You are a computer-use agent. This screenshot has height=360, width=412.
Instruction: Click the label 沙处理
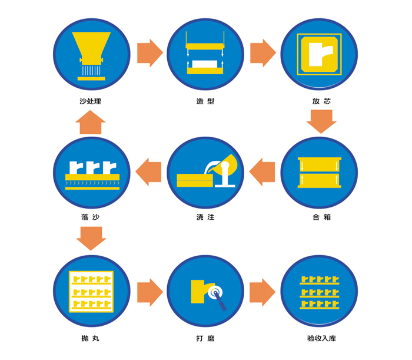tap(91, 101)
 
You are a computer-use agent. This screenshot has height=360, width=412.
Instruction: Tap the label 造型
tap(205, 101)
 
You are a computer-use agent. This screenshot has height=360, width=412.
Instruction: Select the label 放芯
tap(321, 101)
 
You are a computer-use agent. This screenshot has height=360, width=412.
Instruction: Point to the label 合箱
tap(321, 217)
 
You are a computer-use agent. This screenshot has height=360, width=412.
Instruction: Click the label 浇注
tap(205, 217)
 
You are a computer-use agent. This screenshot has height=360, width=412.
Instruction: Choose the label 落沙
tap(91, 217)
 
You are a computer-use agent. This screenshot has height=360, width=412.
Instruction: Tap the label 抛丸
tap(91, 338)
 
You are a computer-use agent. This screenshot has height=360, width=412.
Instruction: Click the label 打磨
tap(205, 338)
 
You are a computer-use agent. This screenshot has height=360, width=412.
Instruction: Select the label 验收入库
tap(321, 338)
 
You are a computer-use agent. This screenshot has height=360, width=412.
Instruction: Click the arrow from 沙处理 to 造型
tap(149, 52)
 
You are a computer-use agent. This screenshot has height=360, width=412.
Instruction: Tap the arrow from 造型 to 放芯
tap(263, 52)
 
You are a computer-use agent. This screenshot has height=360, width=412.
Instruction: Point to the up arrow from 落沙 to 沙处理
tap(91, 122)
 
